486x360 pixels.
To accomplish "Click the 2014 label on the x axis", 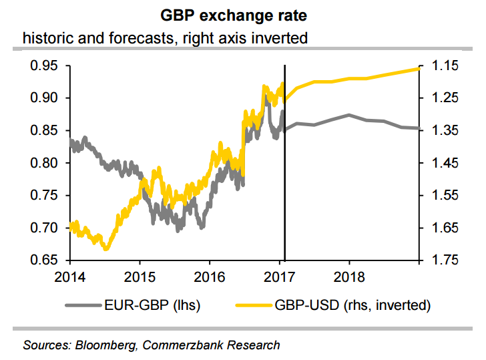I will (71, 277).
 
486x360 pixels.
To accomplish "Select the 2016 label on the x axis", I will (211, 277).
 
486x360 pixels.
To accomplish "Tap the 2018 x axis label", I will (349, 277).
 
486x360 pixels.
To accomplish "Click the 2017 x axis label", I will (284, 277).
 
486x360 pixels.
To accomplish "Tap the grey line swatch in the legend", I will (83, 305).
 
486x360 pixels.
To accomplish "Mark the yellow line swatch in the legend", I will (254, 305).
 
